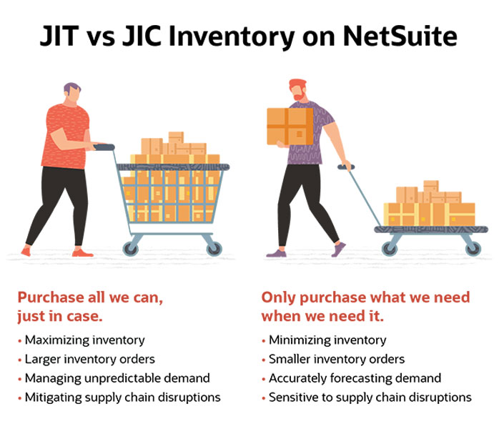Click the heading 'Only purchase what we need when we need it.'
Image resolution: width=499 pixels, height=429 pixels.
365,307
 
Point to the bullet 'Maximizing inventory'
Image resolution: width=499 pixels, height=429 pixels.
84,340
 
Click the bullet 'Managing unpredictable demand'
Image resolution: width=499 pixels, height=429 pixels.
117,378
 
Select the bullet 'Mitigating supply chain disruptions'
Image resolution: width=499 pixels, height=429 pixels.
122,397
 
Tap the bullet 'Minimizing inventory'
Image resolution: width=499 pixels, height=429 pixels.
327,340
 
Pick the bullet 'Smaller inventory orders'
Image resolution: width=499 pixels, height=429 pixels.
337,359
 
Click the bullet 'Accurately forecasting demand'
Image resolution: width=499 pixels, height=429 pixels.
355,378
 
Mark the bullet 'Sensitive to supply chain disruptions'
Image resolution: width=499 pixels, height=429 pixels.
370,397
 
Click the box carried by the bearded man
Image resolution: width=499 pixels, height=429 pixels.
290,126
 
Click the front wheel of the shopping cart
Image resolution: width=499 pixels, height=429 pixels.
213,248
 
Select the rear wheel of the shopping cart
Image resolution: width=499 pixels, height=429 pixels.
132,248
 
